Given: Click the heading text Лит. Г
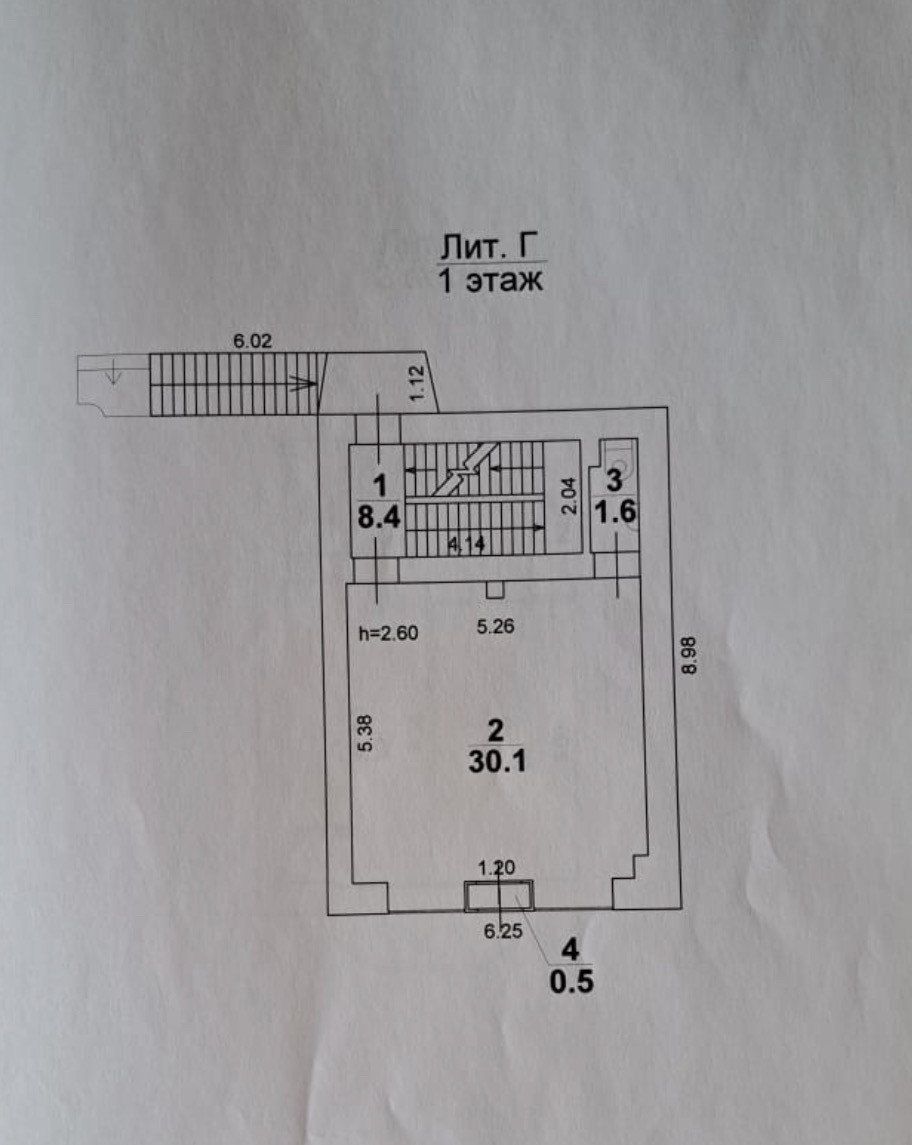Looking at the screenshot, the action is tap(492, 246).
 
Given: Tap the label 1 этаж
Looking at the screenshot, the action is tap(491, 280).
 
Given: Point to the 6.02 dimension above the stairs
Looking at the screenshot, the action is tap(252, 341).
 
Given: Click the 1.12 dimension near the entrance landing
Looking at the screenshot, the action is tap(417, 383).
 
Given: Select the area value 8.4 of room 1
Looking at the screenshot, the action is tap(379, 517).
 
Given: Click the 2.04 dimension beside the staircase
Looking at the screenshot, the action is tap(570, 496).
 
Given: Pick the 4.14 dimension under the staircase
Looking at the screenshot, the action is tap(466, 544).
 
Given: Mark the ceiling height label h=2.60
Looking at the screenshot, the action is tap(388, 633).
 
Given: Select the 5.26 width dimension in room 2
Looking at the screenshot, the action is tap(496, 627).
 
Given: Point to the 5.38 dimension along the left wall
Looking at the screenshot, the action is tap(366, 733).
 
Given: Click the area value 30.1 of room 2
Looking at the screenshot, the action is tap(497, 762).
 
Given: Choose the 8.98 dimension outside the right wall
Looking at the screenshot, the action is tap(689, 656).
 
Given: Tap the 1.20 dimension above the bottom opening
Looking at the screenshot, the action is tap(497, 868).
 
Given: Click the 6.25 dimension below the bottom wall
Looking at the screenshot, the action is tap(503, 932).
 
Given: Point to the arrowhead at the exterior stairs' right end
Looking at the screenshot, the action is tap(309, 383).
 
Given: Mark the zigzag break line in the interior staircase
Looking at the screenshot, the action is tap(461, 470).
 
